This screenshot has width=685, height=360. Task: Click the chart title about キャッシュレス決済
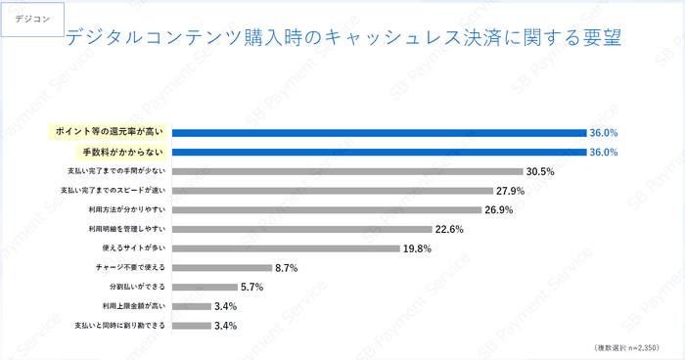(x=343, y=38)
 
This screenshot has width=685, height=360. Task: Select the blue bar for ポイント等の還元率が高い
(x=380, y=132)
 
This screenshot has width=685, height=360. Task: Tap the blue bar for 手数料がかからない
(x=380, y=152)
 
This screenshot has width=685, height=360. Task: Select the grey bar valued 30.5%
(x=347, y=171)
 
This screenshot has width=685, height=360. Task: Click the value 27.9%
(x=511, y=191)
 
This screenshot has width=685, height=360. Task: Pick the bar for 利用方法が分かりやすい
(x=328, y=209)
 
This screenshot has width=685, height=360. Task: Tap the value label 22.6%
(x=448, y=229)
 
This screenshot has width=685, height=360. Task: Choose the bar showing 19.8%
(x=287, y=247)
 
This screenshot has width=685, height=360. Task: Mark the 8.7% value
(x=286, y=267)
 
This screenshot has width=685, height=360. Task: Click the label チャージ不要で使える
(x=133, y=267)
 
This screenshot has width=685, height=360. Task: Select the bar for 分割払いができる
(x=205, y=287)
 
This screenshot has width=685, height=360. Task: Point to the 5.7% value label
(x=252, y=287)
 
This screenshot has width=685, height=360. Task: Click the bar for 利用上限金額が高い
(x=192, y=305)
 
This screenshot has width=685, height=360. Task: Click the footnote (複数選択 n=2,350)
(x=626, y=347)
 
